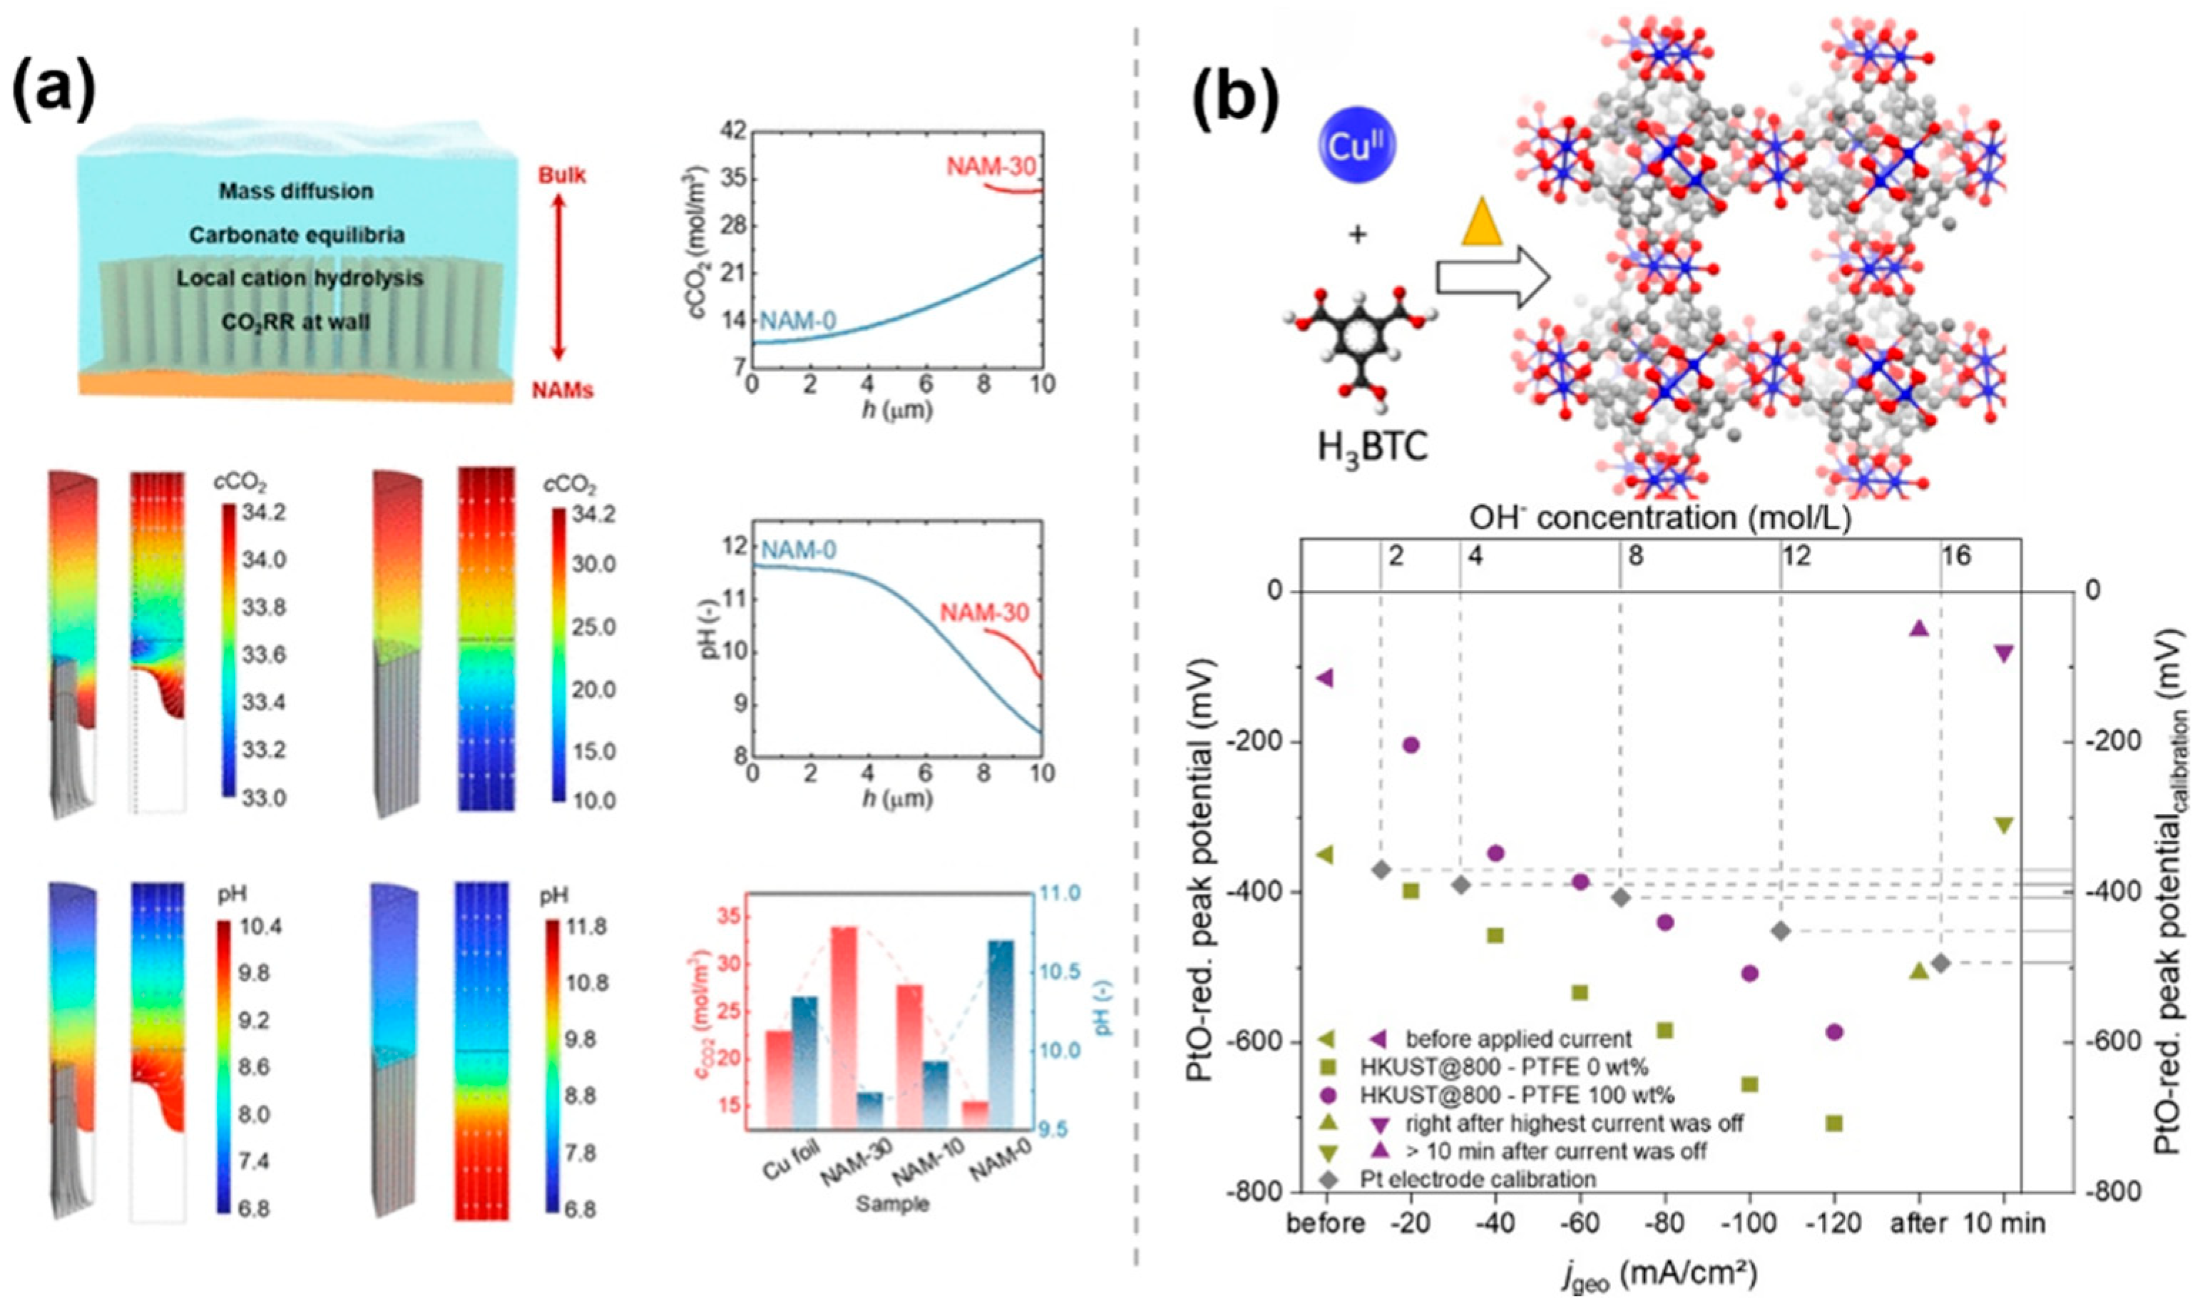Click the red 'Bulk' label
tap(562, 175)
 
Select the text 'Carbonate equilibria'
tap(297, 235)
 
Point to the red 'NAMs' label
tap(562, 389)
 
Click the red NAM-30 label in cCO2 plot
tap(991, 166)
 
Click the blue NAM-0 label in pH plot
tap(798, 551)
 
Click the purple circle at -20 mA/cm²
tap(1411, 744)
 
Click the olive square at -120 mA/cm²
tap(1833, 1123)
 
